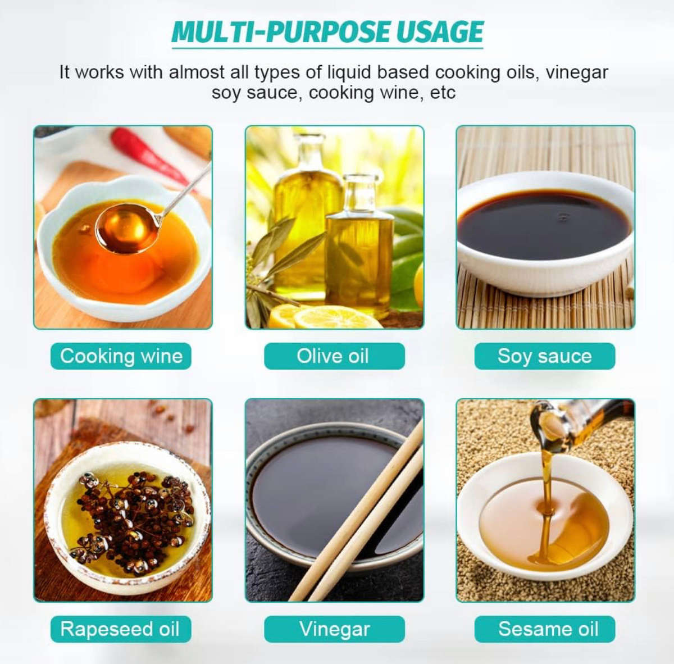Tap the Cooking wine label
pyautogui.click(x=121, y=356)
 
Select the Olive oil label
pyautogui.click(x=334, y=356)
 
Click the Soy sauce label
pyautogui.click(x=545, y=356)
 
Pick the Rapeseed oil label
pyautogui.click(x=121, y=629)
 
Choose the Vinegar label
pyautogui.click(x=334, y=629)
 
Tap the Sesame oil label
pyautogui.click(x=545, y=629)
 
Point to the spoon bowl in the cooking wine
pyautogui.click(x=126, y=228)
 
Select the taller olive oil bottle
pyautogui.click(x=307, y=217)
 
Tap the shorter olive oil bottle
pyautogui.click(x=358, y=245)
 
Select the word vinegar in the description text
pyautogui.click(x=577, y=72)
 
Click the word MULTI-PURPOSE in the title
pyautogui.click(x=280, y=32)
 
